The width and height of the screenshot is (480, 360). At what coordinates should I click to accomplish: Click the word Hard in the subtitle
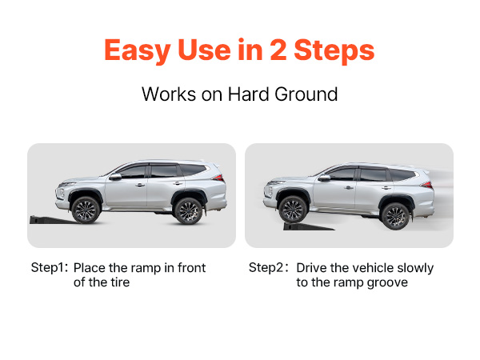[x=241, y=94]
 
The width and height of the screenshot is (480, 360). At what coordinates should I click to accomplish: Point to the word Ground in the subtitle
[x=302, y=94]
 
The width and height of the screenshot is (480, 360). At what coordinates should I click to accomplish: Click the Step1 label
[x=50, y=267]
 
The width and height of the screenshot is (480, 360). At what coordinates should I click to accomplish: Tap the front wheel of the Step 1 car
[x=85, y=210]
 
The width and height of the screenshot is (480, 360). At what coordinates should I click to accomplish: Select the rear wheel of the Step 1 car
[x=187, y=211]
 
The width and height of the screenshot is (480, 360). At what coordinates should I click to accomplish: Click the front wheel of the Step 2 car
[x=294, y=210]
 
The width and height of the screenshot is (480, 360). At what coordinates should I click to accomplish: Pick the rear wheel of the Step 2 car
[x=394, y=214]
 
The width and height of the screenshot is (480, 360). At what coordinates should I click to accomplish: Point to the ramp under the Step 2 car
[x=308, y=227]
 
